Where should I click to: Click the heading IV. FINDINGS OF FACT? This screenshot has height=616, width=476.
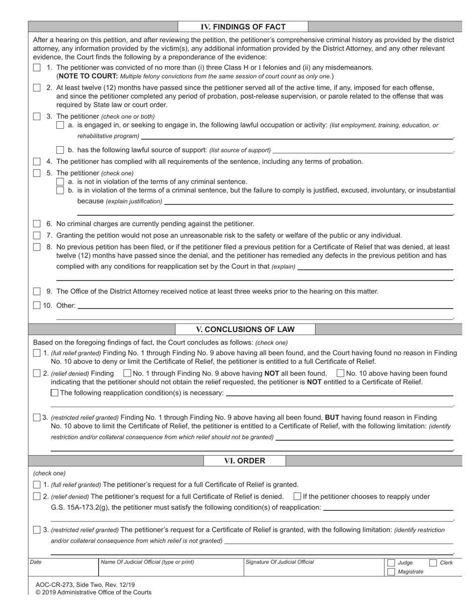[243, 27]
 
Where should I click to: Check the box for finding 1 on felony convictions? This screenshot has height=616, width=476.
[37, 68]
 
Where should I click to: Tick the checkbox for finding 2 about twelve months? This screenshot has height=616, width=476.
[37, 88]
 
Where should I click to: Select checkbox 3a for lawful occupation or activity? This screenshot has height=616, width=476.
[60, 125]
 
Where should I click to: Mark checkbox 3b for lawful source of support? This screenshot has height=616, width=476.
[60, 150]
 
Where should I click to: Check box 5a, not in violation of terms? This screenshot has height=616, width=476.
[60, 181]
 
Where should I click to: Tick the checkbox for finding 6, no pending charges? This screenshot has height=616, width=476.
[37, 224]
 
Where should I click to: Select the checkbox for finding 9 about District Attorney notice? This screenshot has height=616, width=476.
[37, 291]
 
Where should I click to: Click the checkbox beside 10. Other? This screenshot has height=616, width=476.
[37, 305]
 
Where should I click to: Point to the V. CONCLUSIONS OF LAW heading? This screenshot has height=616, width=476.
[245, 330]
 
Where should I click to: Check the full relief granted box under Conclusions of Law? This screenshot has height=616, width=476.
[37, 353]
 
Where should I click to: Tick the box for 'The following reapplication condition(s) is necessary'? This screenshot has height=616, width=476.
[55, 393]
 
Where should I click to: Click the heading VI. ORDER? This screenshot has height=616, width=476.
[245, 461]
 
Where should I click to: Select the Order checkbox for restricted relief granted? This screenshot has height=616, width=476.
[37, 530]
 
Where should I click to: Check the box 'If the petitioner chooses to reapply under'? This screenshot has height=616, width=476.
[297, 497]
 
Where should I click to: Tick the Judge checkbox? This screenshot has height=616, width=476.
[391, 563]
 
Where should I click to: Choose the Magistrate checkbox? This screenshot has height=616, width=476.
[391, 572]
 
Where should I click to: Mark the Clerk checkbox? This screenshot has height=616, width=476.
[433, 563]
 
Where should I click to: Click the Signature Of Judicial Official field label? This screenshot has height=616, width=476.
[280, 562]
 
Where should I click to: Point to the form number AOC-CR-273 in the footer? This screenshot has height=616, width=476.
[55, 584]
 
